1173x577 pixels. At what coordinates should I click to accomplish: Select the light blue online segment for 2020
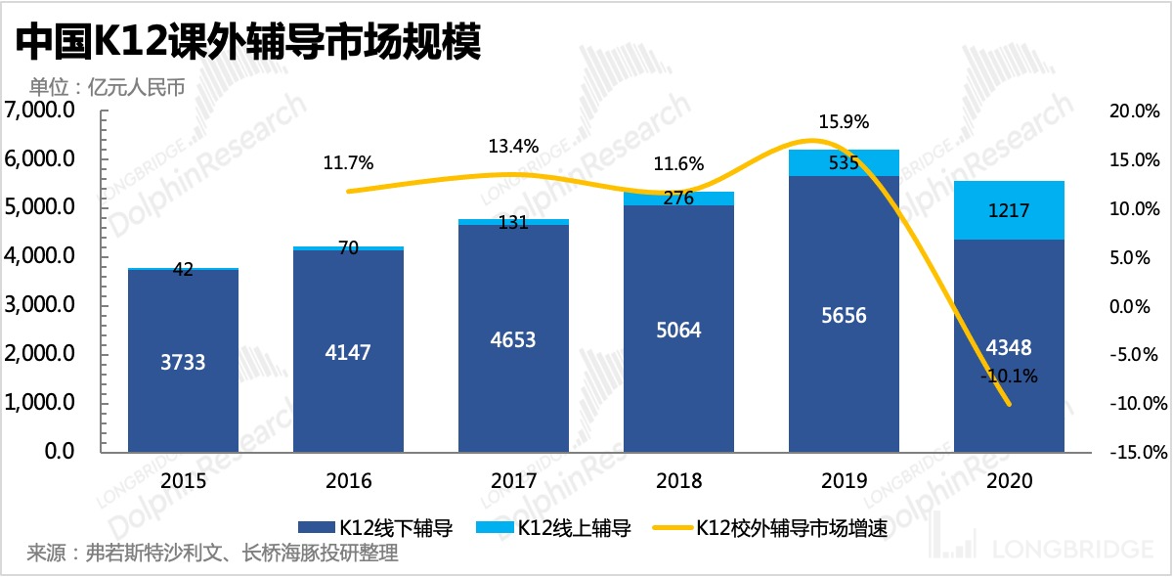[1009, 209]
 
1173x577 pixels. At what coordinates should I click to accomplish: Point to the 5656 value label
[844, 316]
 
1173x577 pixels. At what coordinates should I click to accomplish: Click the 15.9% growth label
[844, 122]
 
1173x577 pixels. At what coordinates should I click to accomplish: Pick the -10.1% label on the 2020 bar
[1009, 375]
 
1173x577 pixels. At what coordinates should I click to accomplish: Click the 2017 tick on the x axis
[514, 481]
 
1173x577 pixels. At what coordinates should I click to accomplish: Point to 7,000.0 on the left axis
[40, 111]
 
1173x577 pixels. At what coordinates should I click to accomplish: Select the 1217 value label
[1009, 209]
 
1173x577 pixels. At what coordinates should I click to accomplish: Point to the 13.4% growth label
[513, 147]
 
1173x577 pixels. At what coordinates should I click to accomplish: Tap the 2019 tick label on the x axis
[844, 481]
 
